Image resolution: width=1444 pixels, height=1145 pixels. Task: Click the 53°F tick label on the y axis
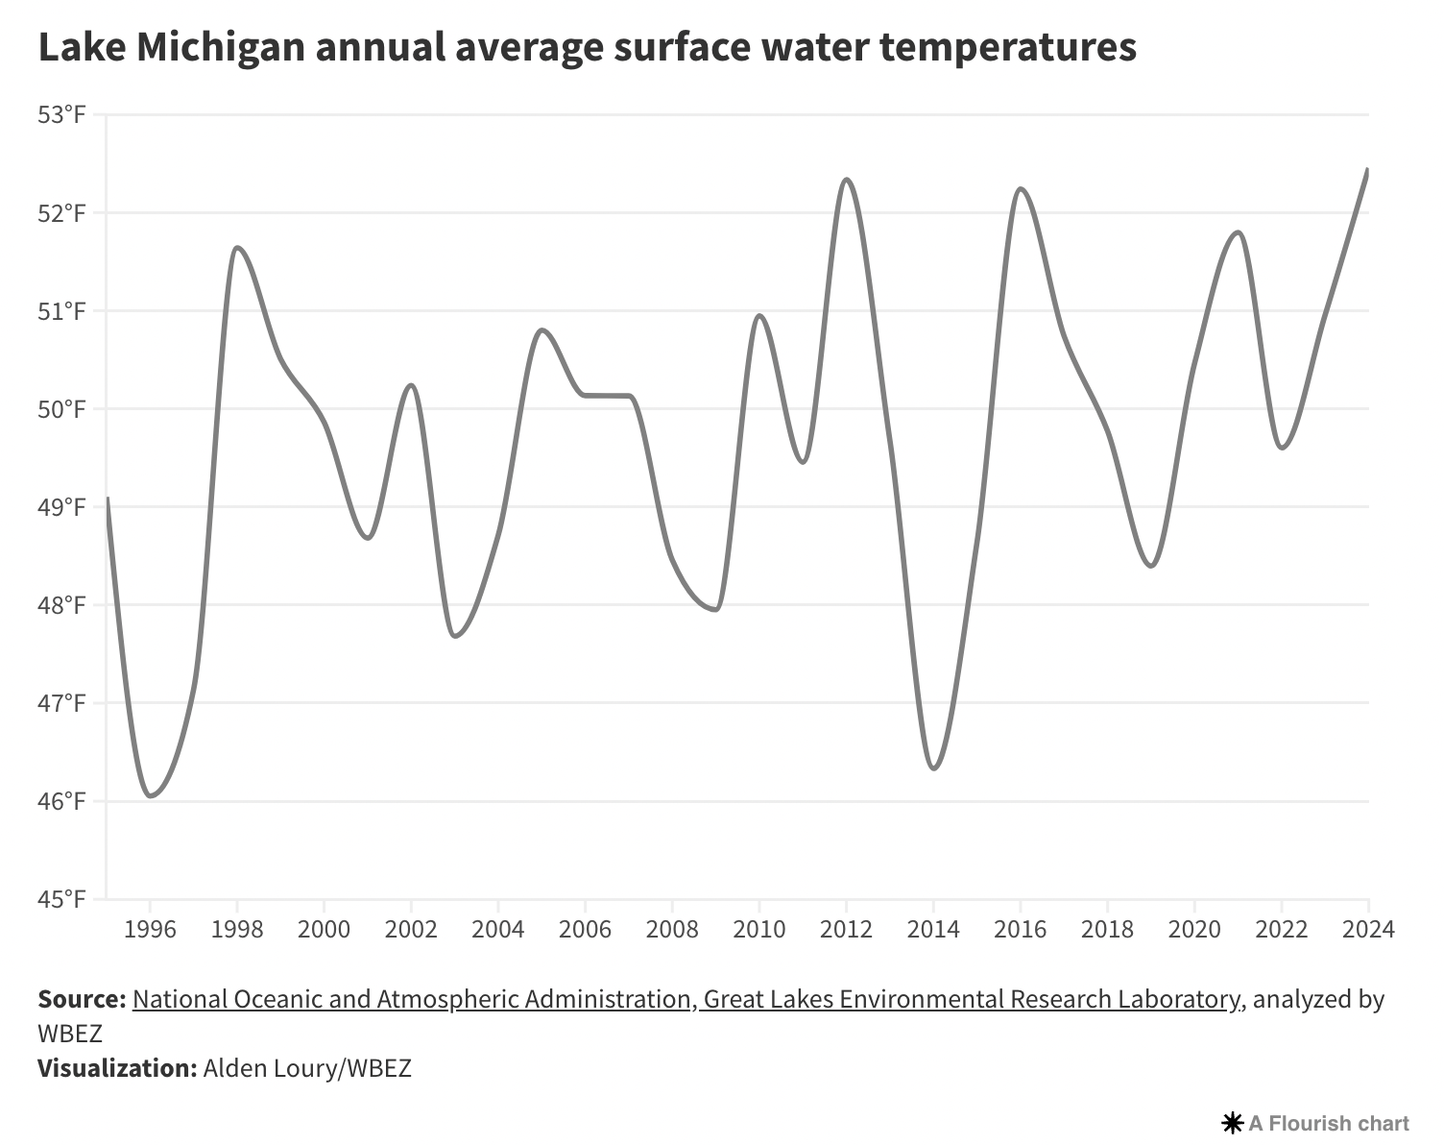(62, 115)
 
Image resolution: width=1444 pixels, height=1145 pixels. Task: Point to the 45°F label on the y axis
(62, 899)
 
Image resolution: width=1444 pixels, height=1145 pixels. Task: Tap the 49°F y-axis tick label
(62, 507)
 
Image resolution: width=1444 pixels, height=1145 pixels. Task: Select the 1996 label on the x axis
(150, 929)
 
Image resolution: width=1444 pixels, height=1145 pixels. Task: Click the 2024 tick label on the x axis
(1368, 929)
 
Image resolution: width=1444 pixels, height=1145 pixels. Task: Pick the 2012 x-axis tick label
(846, 929)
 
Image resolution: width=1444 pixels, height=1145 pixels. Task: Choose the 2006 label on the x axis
(585, 929)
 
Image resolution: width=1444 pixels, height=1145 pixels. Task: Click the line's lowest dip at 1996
(151, 795)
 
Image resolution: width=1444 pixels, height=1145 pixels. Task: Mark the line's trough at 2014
(933, 768)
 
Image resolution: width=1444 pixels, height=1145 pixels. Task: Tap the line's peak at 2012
(846, 180)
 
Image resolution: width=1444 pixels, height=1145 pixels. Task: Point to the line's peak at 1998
(237, 248)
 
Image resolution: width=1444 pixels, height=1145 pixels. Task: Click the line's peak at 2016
(1020, 189)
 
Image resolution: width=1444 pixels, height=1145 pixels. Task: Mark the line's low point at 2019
(1150, 566)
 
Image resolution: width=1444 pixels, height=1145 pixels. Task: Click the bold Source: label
(82, 999)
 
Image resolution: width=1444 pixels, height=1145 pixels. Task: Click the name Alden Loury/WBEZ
(307, 1068)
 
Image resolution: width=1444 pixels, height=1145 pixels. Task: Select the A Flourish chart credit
(1316, 1123)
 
